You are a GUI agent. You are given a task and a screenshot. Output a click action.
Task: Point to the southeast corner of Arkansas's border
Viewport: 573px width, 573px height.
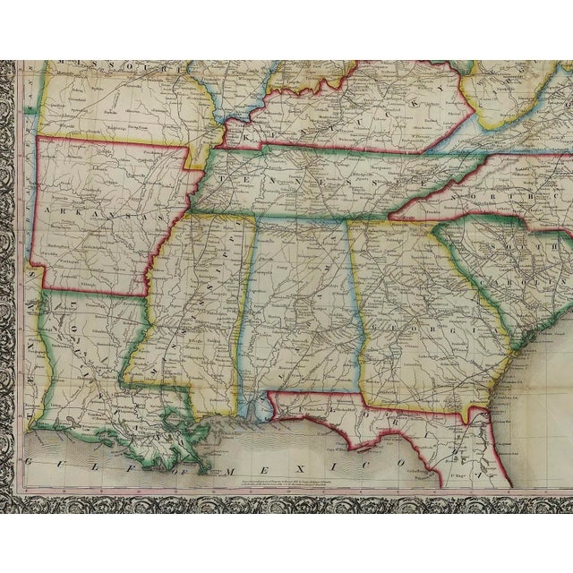[x=147, y=295]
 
